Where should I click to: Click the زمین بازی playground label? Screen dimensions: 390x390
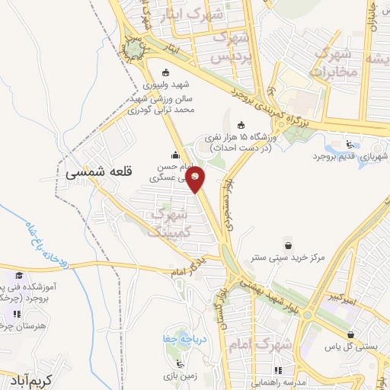[x=180, y=376]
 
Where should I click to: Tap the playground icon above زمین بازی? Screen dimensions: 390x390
[x=180, y=363]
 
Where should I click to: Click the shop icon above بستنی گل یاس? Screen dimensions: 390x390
[x=351, y=333]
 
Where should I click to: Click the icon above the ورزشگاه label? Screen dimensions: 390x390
[x=242, y=125]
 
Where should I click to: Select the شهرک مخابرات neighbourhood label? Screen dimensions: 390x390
[x=333, y=64]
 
